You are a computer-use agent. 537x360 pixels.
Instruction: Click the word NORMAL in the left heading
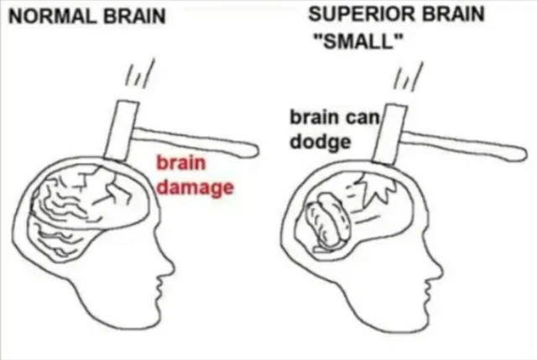click(x=52, y=17)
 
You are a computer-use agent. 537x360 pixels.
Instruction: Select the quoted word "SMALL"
click(x=358, y=42)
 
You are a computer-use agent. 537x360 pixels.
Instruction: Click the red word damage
click(x=196, y=187)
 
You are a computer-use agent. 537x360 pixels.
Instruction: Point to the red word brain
click(x=181, y=163)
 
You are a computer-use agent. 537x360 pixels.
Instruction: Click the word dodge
click(x=321, y=142)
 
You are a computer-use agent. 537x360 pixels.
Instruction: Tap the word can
click(x=362, y=117)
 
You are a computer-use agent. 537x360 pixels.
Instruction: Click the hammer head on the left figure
click(x=121, y=131)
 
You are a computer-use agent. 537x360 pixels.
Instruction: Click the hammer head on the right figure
click(x=389, y=134)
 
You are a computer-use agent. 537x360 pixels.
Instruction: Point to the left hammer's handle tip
click(x=255, y=150)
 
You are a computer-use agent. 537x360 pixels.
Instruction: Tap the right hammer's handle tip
click(x=524, y=154)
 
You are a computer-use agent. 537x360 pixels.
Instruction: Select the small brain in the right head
click(x=327, y=220)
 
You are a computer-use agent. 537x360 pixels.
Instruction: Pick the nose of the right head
click(x=439, y=268)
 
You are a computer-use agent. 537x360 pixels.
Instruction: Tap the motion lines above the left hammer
click(x=140, y=74)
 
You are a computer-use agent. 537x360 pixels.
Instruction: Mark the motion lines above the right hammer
click(x=409, y=76)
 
